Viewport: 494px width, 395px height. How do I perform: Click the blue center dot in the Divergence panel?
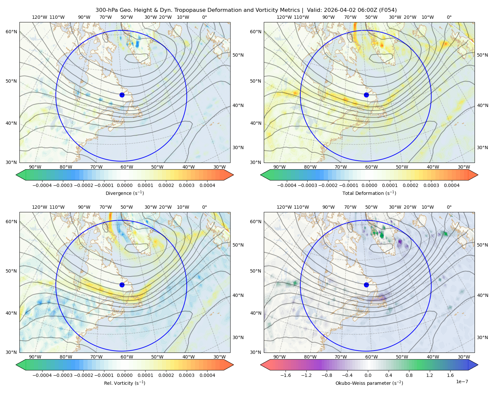(x=122, y=95)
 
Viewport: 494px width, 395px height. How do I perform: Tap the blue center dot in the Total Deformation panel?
(x=366, y=95)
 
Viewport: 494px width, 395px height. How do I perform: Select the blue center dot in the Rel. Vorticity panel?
(x=122, y=285)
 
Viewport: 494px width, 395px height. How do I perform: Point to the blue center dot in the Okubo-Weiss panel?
(x=366, y=285)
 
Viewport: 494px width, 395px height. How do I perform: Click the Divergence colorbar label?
(x=124, y=193)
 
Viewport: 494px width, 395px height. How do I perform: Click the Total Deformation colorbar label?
(x=369, y=193)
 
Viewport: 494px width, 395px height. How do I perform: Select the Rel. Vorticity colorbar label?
(x=124, y=383)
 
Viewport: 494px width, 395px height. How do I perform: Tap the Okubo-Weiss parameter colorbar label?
(x=369, y=383)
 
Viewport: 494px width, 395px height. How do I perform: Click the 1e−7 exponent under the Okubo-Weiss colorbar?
(x=462, y=382)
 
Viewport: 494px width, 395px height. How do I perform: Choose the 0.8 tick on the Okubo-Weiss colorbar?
(x=409, y=375)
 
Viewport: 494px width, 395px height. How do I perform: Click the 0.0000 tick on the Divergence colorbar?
(x=124, y=185)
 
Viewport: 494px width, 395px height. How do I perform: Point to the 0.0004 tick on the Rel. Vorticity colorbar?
(x=207, y=375)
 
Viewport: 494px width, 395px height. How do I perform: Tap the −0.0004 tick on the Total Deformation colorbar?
(x=287, y=185)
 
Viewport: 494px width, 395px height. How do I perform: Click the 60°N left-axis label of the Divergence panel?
(x=11, y=32)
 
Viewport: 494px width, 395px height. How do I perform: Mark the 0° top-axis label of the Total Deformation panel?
(x=449, y=17)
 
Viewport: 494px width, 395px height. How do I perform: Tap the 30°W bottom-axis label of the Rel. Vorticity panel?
(x=219, y=357)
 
